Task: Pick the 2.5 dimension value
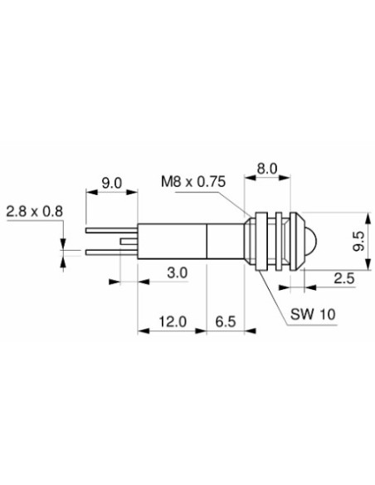343,279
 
